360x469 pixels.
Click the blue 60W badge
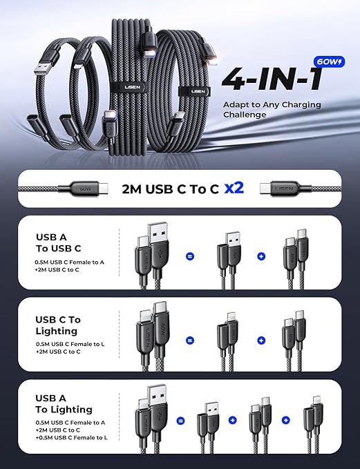[x=329, y=62]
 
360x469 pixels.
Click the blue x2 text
[x=234, y=188]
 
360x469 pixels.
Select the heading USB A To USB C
[x=58, y=242]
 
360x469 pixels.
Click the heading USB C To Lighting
[x=58, y=325]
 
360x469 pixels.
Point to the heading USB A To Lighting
[x=64, y=403]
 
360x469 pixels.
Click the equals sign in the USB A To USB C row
[x=190, y=256]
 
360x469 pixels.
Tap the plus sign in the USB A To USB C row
[x=261, y=256]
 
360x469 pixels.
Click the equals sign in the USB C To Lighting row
[x=190, y=341]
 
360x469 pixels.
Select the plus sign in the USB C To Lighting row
[x=261, y=341]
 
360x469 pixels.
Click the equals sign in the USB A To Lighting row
[x=180, y=421]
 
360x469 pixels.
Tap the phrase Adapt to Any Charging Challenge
[x=272, y=109]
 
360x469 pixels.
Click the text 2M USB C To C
[x=170, y=189]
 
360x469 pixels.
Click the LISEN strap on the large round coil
[x=195, y=91]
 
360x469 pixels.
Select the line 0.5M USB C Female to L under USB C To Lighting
[x=70, y=344]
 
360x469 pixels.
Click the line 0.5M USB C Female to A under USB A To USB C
[x=69, y=262]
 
